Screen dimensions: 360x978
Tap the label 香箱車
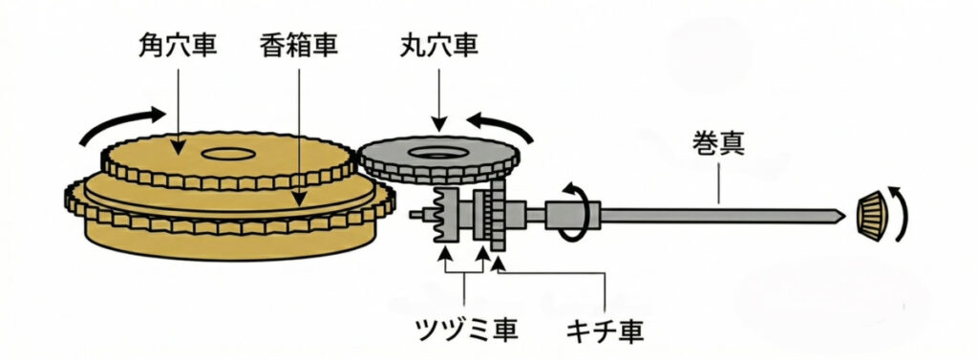pos(299,44)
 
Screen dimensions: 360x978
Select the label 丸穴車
pos(439,44)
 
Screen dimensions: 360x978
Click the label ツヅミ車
pos(464,331)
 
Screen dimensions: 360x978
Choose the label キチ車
pos(605,331)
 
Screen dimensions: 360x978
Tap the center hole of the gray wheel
pos(442,152)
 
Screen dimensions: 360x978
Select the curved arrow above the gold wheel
pos(117,123)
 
